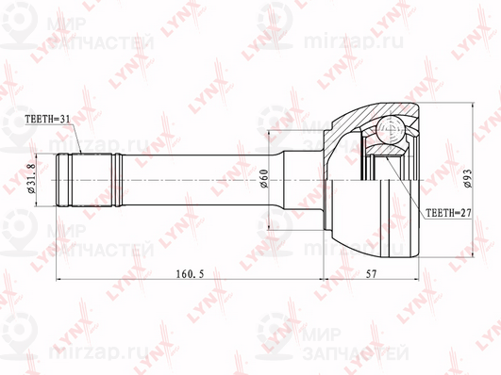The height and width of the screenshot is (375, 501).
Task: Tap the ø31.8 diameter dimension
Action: [32, 179]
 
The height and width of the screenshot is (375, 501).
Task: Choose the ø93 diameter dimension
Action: [469, 178]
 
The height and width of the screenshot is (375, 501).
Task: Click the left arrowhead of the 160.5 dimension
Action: [59, 280]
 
